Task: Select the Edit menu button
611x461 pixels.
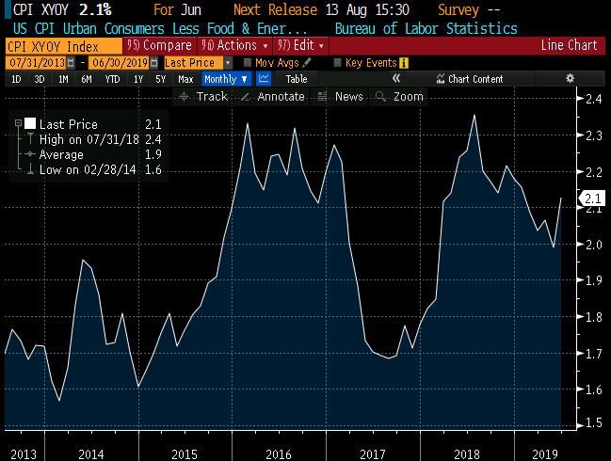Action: click(x=298, y=45)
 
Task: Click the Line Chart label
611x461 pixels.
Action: click(x=568, y=45)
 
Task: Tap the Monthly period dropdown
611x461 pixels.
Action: click(x=226, y=79)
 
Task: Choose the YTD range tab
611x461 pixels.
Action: click(x=113, y=79)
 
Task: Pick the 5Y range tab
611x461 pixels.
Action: click(x=162, y=79)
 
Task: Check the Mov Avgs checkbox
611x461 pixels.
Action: click(x=247, y=62)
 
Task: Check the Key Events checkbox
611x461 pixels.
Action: click(x=338, y=62)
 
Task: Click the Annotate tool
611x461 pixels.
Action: click(x=274, y=96)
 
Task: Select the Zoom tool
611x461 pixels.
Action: click(x=401, y=96)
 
